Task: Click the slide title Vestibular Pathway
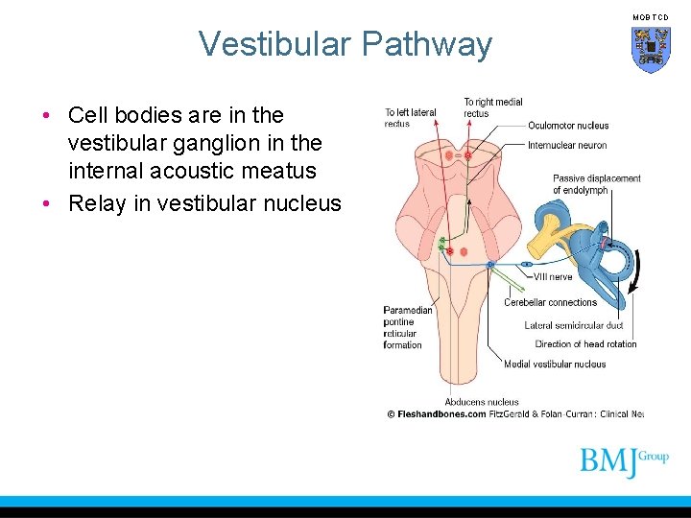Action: [345, 44]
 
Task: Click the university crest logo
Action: [650, 49]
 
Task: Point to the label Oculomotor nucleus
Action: [567, 126]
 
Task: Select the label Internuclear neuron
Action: [567, 146]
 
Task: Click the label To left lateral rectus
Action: [410, 118]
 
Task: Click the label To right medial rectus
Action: [492, 107]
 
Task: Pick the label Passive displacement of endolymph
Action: [596, 184]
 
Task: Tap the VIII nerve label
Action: [553, 277]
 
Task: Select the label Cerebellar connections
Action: [550, 302]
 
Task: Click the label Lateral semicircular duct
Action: [573, 325]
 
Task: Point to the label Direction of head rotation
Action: [585, 344]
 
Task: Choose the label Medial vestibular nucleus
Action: [555, 365]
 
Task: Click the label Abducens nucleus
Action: [481, 402]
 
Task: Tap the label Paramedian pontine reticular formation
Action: [407, 327]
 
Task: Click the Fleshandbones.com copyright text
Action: [437, 414]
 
